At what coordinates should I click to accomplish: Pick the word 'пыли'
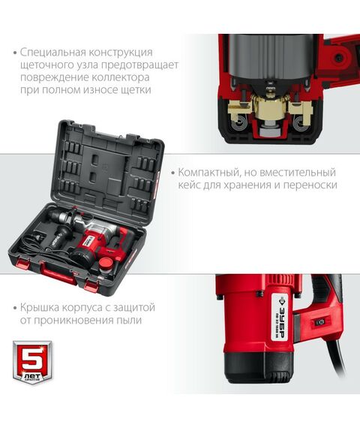(130, 321)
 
